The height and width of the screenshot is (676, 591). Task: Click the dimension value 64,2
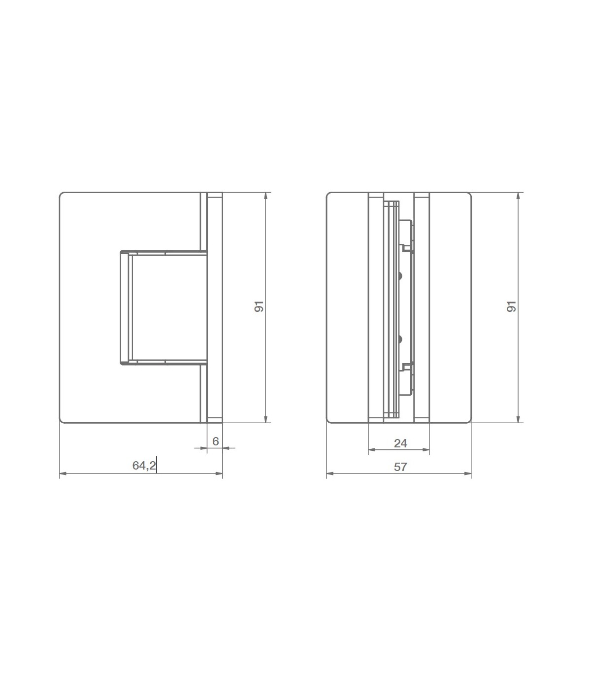[144, 466]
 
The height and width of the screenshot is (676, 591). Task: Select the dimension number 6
[216, 441]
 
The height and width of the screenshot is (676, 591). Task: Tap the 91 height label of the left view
[259, 306]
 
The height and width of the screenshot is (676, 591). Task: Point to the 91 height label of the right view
[511, 306]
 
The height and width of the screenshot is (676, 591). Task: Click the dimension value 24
[400, 443]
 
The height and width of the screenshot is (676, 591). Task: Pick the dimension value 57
[400, 467]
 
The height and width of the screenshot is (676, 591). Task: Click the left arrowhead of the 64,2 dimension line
[63, 474]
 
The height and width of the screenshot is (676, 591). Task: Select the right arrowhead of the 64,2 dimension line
[219, 474]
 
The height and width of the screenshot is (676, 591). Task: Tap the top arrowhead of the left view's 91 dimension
[266, 196]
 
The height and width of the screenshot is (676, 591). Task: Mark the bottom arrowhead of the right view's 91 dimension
[518, 419]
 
